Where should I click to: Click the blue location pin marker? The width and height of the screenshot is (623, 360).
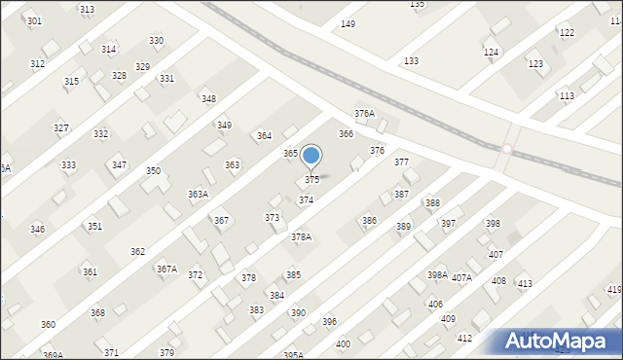(311, 156)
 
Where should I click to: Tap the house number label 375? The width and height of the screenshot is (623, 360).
(311, 180)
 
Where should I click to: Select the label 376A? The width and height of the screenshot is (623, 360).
(364, 114)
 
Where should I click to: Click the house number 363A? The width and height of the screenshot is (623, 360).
(198, 195)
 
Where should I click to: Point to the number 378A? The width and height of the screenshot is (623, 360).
(301, 237)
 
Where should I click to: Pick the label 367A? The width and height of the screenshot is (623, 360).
(167, 269)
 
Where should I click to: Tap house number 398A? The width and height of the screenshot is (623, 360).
(437, 275)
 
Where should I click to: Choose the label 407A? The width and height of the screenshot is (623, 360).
(461, 278)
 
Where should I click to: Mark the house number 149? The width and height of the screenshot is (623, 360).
(348, 24)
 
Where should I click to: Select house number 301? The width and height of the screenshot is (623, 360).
(34, 20)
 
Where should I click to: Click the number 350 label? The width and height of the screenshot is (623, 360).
(153, 171)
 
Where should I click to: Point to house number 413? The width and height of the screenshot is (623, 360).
(525, 284)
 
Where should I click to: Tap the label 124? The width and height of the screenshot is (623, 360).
(491, 52)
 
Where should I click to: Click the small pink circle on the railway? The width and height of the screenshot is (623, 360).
(507, 149)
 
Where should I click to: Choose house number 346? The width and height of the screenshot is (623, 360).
(37, 230)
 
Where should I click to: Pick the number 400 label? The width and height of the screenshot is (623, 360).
(343, 344)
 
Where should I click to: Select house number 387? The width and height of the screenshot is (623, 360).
(401, 195)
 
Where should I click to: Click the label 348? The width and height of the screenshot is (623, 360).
(208, 99)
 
